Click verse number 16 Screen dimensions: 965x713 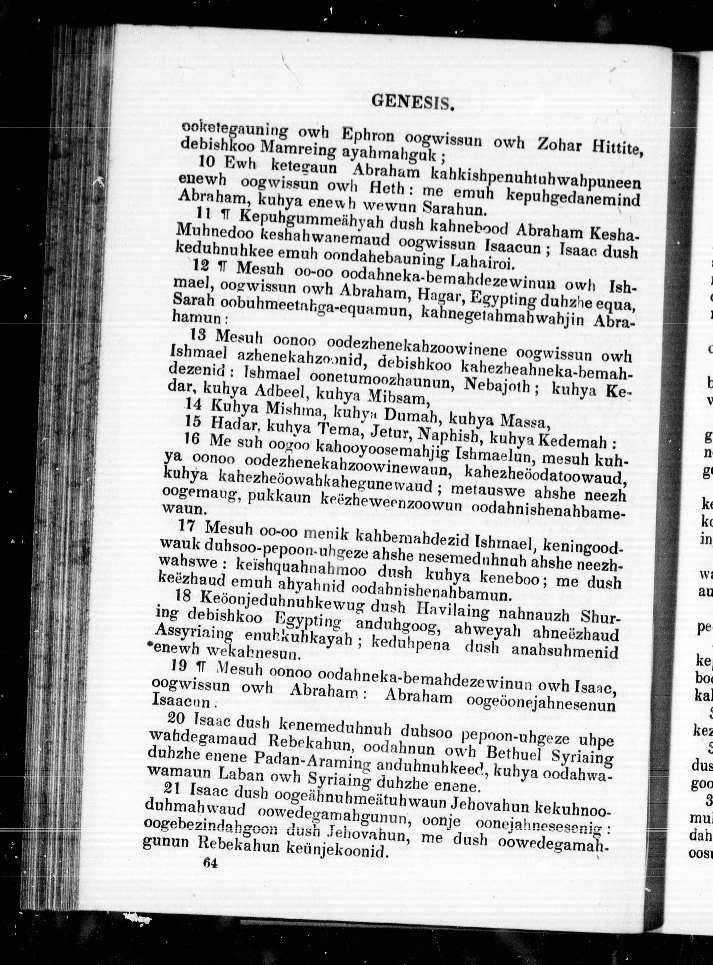click(192, 439)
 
